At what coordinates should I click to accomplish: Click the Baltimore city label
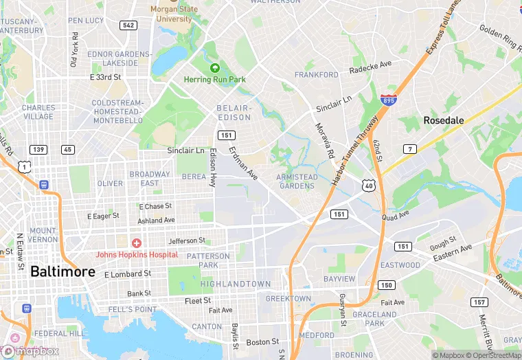click(x=63, y=271)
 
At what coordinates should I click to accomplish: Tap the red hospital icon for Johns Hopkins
click(x=137, y=243)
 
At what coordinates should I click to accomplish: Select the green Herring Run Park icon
click(x=214, y=68)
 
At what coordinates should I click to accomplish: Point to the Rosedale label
click(x=443, y=120)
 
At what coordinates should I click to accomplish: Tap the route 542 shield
click(x=127, y=25)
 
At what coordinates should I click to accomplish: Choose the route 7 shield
click(x=409, y=149)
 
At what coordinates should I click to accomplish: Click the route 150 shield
click(x=387, y=285)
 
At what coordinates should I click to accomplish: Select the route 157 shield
click(x=479, y=302)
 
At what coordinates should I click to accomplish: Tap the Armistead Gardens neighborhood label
click(x=297, y=181)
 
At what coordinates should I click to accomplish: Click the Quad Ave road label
click(x=396, y=216)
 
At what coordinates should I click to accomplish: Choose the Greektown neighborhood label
click(x=288, y=299)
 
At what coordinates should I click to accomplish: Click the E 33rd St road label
click(x=105, y=78)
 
